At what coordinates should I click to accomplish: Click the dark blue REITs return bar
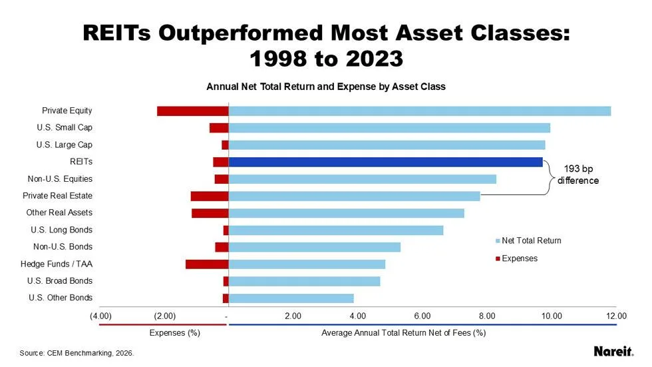[x=385, y=162]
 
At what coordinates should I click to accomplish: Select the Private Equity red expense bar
[x=192, y=111]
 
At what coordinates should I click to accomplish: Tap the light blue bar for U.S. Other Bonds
[x=291, y=298]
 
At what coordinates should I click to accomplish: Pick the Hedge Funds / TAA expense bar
[x=206, y=264]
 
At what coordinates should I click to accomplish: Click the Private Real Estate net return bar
[x=354, y=196]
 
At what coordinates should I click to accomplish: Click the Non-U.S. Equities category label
[x=60, y=179]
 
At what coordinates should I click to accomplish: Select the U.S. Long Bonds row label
[x=61, y=230]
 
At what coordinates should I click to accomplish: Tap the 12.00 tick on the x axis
[x=616, y=315]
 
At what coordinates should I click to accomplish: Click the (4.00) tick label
[x=100, y=315]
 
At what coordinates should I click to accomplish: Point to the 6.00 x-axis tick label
[x=422, y=315]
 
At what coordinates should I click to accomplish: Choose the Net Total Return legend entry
[x=528, y=240]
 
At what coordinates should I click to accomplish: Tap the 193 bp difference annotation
[x=577, y=175]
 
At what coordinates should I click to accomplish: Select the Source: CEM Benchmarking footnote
[x=77, y=353]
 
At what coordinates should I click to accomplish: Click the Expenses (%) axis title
[x=175, y=332]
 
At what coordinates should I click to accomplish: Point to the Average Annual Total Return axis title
[x=403, y=332]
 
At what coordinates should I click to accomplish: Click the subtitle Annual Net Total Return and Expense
[x=325, y=87]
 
